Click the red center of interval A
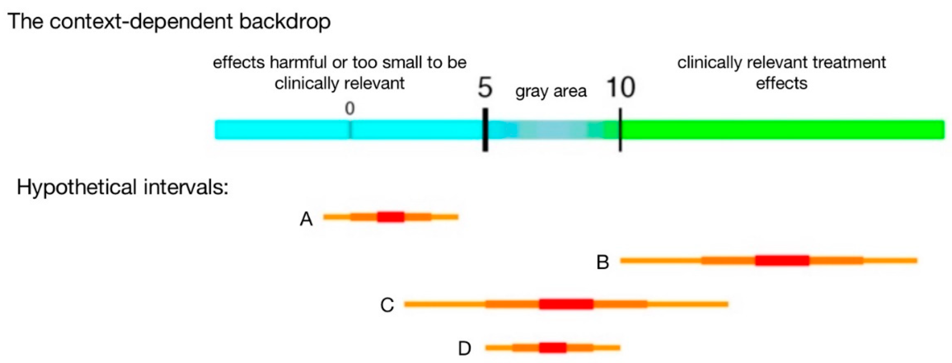point(390,217)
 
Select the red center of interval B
point(782,261)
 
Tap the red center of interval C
point(566,304)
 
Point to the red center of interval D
point(553,348)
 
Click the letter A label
point(306,219)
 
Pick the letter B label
point(603,262)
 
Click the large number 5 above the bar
point(485,88)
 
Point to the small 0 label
point(350,108)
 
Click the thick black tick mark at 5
point(485,130)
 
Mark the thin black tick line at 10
point(620,130)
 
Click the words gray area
point(551,91)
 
